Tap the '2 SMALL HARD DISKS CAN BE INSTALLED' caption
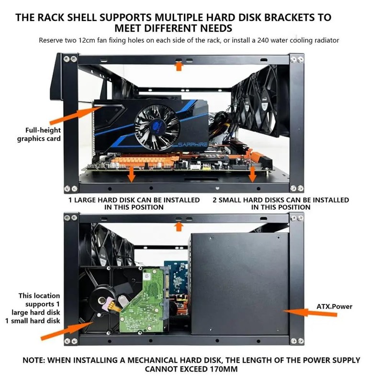[x=281, y=203]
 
